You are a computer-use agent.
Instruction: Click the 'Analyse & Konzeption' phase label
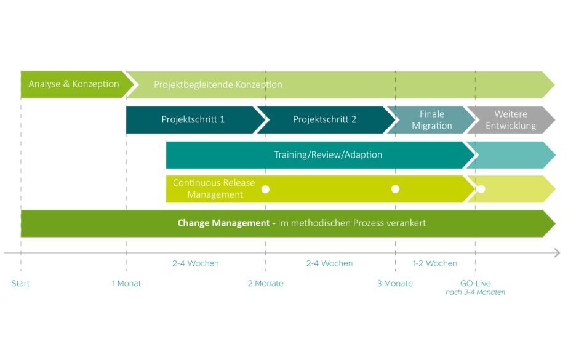pos(74,84)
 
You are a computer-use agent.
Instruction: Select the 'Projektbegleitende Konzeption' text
pos(218,85)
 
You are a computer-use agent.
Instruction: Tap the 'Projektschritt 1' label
pos(193,119)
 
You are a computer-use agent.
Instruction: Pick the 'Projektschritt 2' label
pos(324,119)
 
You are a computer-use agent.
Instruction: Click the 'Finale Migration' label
pos(431,120)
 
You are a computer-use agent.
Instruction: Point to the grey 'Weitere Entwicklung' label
pos(511,120)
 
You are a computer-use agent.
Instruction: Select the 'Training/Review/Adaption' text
pos(328,154)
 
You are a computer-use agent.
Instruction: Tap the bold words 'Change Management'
pos(226,223)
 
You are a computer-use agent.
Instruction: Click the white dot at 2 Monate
pos(266,189)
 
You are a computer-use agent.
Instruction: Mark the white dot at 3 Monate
pos(396,189)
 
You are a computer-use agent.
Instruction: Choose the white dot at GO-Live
pos(481,189)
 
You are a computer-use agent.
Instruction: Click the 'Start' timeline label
pos(21,284)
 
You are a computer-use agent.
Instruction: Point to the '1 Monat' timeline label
pos(126,284)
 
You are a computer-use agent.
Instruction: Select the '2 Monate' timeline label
pos(266,284)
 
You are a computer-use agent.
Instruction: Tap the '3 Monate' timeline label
pos(395,284)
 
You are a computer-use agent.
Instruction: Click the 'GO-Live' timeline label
pos(475,284)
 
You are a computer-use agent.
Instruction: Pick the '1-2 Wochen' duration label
pos(434,263)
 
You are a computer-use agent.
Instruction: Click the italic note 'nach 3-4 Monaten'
pos(475,292)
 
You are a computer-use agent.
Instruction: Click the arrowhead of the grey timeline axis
pos(557,253)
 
